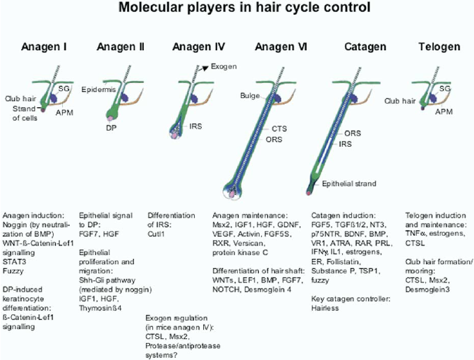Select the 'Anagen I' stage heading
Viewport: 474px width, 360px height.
click(44, 47)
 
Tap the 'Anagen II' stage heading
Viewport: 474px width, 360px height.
click(119, 47)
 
